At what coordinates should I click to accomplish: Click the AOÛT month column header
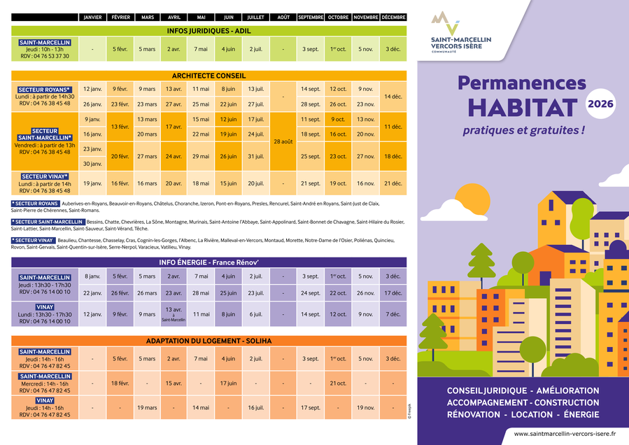coord(283,17)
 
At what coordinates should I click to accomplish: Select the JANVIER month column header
coord(92,17)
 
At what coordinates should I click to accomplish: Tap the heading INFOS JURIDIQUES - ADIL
coord(209,31)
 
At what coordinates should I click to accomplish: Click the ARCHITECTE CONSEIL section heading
coord(209,76)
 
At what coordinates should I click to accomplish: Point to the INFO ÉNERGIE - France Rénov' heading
coord(209,262)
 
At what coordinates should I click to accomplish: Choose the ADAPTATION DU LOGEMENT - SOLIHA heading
coord(209,341)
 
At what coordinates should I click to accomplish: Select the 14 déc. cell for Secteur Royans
coord(393,97)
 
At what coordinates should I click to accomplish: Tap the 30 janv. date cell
coord(92,164)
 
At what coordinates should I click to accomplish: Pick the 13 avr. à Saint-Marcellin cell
coord(174,313)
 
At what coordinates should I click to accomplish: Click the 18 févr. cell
coord(120,383)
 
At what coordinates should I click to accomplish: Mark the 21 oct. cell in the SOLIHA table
coord(338,383)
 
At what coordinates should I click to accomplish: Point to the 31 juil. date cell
coord(256,156)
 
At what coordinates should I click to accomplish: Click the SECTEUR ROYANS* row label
coord(44,90)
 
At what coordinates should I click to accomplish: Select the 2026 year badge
coord(600,104)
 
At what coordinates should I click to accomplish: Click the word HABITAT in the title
coord(522,108)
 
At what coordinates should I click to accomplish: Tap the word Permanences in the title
coord(522,83)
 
